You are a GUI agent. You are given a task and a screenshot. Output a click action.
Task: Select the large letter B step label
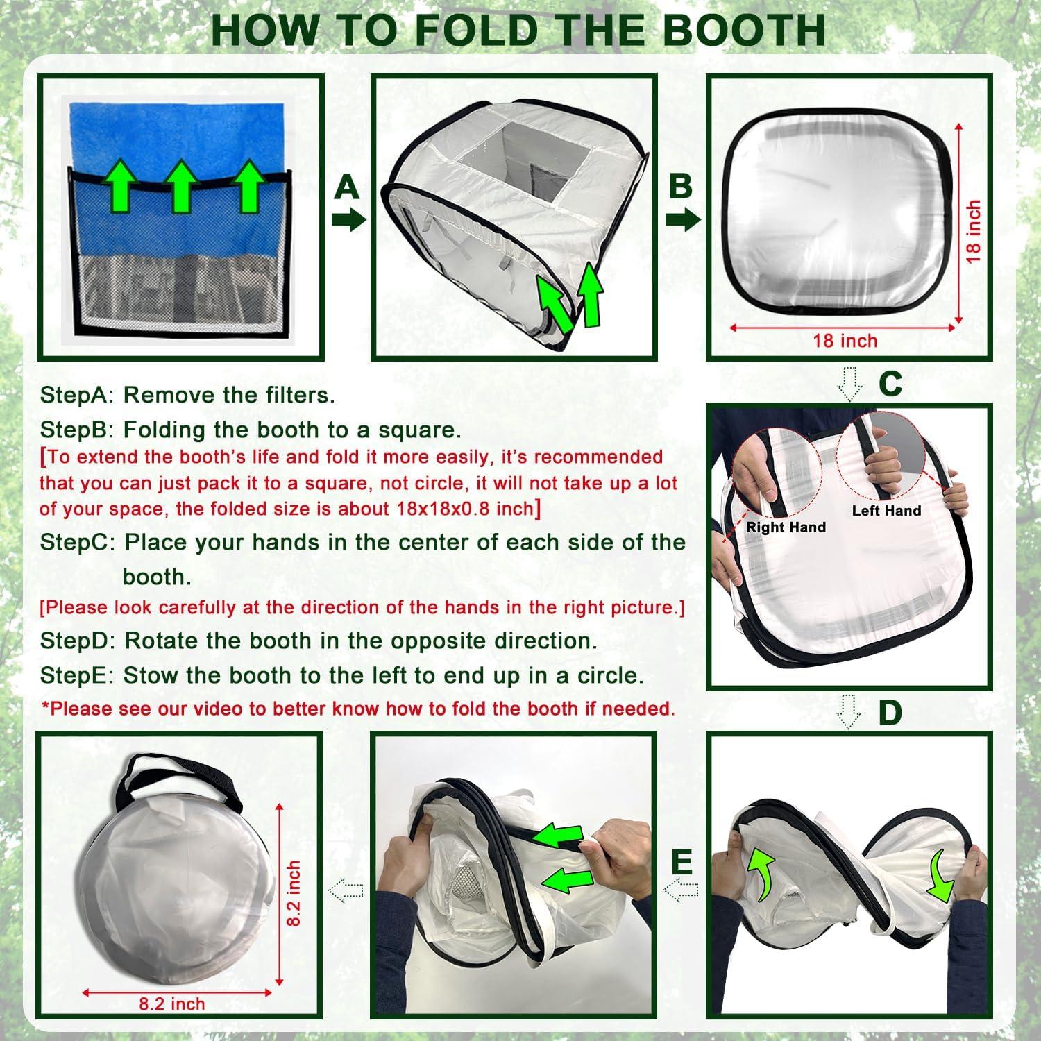pyautogui.click(x=681, y=186)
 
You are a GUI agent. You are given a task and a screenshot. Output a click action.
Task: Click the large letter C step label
pyautogui.click(x=890, y=384)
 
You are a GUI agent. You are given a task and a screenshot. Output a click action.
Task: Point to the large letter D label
pyautogui.click(x=890, y=713)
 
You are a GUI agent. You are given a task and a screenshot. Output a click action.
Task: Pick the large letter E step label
pyautogui.click(x=682, y=862)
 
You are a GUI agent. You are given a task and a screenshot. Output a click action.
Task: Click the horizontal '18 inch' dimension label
pyautogui.click(x=845, y=341)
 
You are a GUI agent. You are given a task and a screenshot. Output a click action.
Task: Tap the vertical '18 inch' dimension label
pyautogui.click(x=974, y=231)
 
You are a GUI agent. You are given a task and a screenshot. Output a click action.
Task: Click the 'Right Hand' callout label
pyautogui.click(x=786, y=527)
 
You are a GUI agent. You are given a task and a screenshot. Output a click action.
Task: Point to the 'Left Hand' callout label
pyautogui.click(x=886, y=511)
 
